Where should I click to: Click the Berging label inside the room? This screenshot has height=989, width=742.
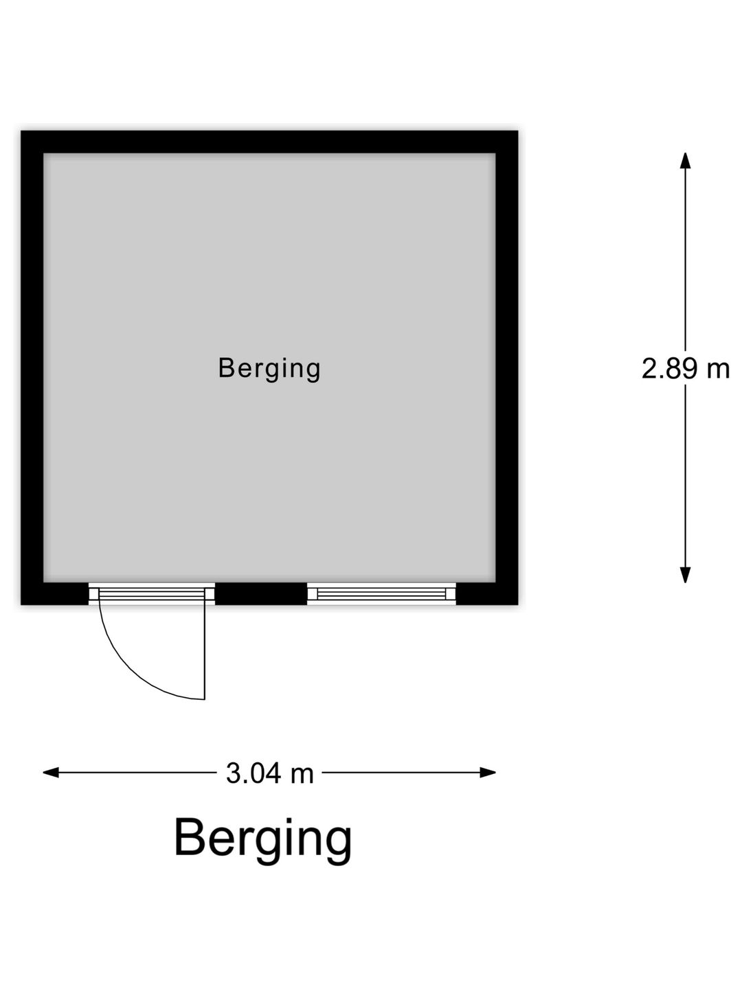[x=269, y=369]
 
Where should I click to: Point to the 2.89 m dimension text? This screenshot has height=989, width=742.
[x=685, y=369]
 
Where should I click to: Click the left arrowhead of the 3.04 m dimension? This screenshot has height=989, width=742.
[x=50, y=773]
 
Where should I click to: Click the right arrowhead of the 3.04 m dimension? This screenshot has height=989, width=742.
[x=488, y=773]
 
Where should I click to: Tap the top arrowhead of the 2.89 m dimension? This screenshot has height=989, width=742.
[x=685, y=161]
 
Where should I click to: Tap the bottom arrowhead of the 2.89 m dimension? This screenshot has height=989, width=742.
[x=685, y=574]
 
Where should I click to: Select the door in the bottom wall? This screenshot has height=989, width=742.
[x=151, y=594]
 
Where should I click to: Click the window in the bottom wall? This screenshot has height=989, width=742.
[x=381, y=594]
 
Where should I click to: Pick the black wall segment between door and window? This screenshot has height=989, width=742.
[x=261, y=594]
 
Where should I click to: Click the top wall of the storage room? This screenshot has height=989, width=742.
[x=269, y=142]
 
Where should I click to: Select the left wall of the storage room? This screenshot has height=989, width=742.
[x=32, y=367]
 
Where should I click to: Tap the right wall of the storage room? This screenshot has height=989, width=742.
[x=507, y=367]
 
